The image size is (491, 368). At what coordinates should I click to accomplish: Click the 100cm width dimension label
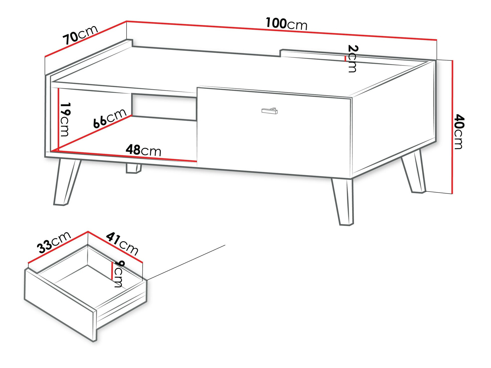click(286, 24)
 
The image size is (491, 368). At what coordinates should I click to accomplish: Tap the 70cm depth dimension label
click(80, 35)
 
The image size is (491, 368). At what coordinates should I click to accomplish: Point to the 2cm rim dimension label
click(352, 59)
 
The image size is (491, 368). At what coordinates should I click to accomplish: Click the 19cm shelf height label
click(65, 119)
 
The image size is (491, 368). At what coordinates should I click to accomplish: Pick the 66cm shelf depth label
click(110, 118)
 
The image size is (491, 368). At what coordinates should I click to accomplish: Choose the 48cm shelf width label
click(143, 150)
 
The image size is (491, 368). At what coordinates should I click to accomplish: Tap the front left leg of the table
click(66, 182)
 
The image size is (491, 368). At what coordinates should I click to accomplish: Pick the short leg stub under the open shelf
click(134, 168)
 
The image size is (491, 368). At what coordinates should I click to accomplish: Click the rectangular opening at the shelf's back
click(164, 107)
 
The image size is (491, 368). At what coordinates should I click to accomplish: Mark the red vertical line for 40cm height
click(452, 127)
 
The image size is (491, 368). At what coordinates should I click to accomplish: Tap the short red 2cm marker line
click(345, 59)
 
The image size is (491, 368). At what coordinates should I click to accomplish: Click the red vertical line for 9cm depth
click(112, 271)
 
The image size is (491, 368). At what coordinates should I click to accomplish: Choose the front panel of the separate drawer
click(60, 304)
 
